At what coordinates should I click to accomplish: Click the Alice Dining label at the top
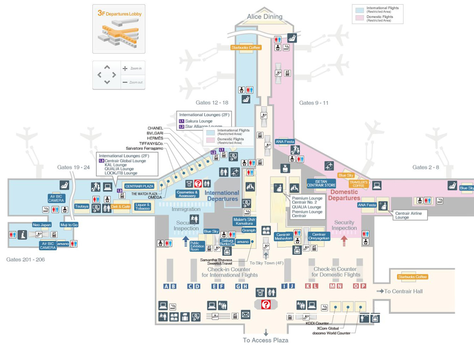pyautogui.click(x=265, y=17)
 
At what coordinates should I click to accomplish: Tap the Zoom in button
pyautogui.click(x=133, y=68)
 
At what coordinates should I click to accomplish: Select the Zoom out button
pyautogui.click(x=133, y=82)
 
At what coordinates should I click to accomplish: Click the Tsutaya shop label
pyautogui.click(x=81, y=206)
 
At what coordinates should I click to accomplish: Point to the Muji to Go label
pyautogui.click(x=69, y=225)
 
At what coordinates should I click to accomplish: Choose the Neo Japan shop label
pyautogui.click(x=42, y=225)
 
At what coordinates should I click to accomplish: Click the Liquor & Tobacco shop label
pyautogui.click(x=142, y=207)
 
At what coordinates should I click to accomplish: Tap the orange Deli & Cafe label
pyautogui.click(x=121, y=207)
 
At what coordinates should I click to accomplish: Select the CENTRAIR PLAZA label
pyautogui.click(x=139, y=186)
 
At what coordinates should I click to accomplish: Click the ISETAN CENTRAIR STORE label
pyautogui.click(x=321, y=183)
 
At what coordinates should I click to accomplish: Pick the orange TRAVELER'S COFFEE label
pyautogui.click(x=358, y=184)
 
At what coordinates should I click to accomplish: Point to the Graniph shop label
pyautogui.click(x=249, y=230)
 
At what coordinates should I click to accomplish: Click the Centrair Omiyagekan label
pyautogui.click(x=319, y=236)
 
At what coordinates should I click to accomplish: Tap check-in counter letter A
pyautogui.click(x=166, y=286)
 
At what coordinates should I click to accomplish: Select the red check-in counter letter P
pyautogui.click(x=363, y=286)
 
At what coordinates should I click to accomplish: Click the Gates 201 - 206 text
pyautogui.click(x=25, y=260)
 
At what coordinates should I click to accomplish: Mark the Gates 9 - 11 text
pyautogui.click(x=314, y=103)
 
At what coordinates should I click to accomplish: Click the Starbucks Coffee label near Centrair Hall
pyautogui.click(x=412, y=277)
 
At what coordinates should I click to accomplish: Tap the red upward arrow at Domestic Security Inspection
pyautogui.click(x=344, y=240)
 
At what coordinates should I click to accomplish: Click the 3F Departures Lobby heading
pyautogui.click(x=120, y=13)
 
